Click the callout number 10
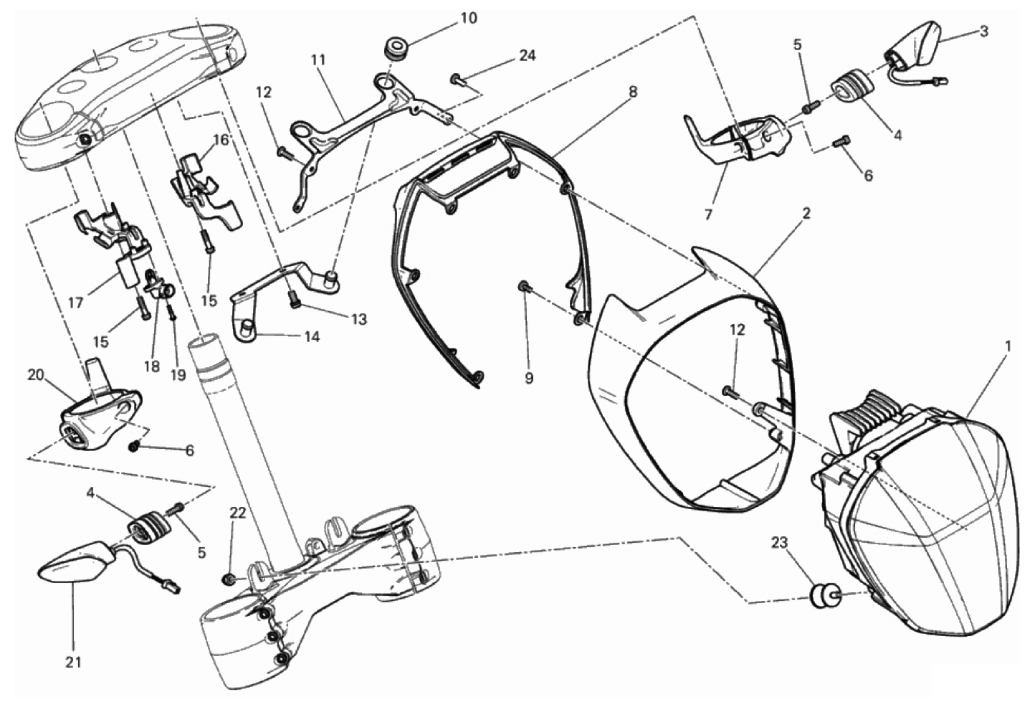(x=468, y=18)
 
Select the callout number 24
(x=528, y=55)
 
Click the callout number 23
(x=779, y=543)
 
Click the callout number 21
(x=73, y=662)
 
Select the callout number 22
(x=237, y=513)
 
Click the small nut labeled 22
(x=227, y=579)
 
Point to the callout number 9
(x=529, y=378)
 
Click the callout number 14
(x=312, y=336)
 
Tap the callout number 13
(x=358, y=319)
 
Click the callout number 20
(x=36, y=375)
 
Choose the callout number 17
(x=76, y=303)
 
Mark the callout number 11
(x=318, y=60)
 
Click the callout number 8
(x=633, y=92)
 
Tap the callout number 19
(x=178, y=374)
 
